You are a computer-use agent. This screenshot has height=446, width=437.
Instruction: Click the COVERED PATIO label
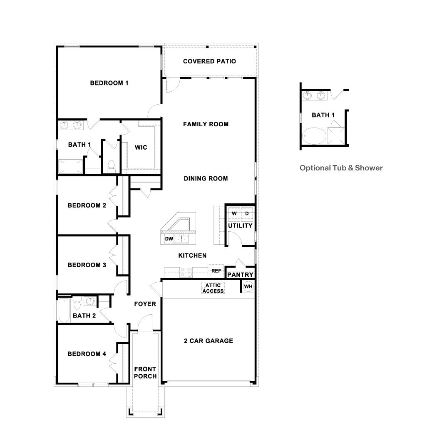(209, 61)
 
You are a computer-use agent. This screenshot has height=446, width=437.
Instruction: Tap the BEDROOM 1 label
(109, 83)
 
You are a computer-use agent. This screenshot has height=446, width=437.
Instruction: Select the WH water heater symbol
(248, 286)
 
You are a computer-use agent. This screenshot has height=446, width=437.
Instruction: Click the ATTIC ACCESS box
(213, 288)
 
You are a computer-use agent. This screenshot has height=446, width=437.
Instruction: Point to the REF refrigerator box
(216, 271)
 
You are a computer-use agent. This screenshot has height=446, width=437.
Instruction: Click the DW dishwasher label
(169, 239)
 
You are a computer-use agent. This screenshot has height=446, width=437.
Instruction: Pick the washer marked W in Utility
(234, 213)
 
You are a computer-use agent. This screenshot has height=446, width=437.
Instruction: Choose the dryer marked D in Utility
(247, 213)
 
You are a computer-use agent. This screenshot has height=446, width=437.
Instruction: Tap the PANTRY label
(240, 275)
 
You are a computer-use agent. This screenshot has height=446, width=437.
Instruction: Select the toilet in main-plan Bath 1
(111, 166)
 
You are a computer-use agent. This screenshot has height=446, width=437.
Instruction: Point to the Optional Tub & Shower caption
(341, 168)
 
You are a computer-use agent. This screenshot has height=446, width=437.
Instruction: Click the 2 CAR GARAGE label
(209, 341)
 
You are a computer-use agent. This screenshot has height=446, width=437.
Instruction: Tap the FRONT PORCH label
(145, 373)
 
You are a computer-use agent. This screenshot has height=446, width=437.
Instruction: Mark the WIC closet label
(141, 148)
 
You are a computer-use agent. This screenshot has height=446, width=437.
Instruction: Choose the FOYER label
(145, 304)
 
